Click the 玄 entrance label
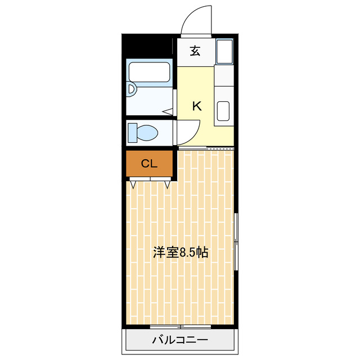195,51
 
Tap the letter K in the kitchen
197,105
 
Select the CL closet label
148,164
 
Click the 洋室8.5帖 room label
181,253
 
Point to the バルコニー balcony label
179,340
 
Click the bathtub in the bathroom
150,72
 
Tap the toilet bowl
147,133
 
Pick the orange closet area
148,164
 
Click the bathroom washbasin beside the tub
131,89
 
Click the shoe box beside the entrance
225,52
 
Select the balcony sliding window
181,326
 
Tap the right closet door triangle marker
167,183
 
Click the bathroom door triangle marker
168,111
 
